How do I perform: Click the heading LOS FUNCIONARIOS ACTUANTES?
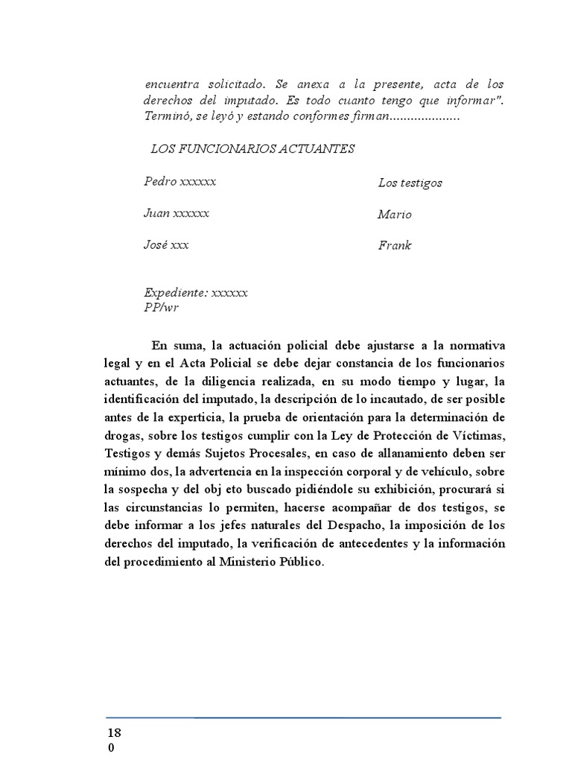click(252, 149)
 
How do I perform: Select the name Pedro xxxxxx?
click(180, 182)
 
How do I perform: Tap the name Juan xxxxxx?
click(177, 213)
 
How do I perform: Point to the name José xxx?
click(166, 245)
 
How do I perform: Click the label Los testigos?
click(410, 183)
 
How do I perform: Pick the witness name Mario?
click(395, 215)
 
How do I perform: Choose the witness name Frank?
click(395, 245)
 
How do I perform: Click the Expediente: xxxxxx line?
click(196, 293)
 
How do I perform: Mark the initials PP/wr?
click(162, 306)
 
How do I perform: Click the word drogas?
click(123, 435)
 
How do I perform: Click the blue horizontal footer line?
click(303, 718)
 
